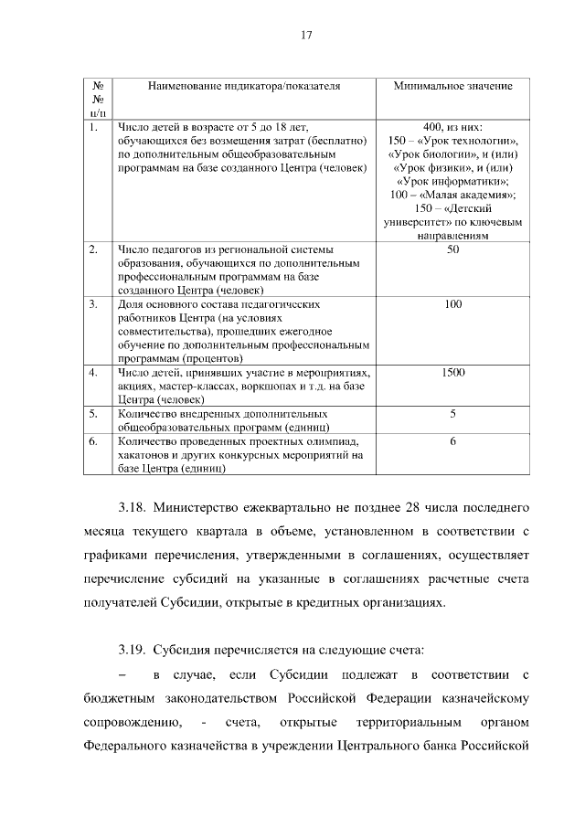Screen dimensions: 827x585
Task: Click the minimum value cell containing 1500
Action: point(452,373)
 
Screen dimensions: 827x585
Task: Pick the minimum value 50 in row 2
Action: point(452,249)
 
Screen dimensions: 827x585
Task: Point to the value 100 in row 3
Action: point(452,304)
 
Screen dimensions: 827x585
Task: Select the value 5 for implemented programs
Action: point(452,414)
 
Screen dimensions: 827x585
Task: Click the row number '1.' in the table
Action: point(94,127)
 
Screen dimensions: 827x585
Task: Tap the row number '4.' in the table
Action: point(94,373)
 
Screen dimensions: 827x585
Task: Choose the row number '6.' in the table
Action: point(94,441)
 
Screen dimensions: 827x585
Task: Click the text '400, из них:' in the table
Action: point(452,127)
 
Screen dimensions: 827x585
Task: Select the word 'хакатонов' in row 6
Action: point(144,455)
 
